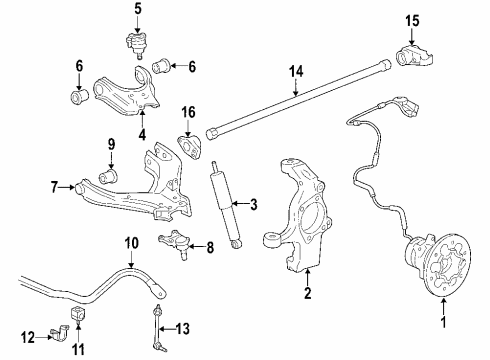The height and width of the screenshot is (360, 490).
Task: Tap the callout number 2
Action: coord(308,295)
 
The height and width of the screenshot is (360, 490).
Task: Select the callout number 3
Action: coord(253,205)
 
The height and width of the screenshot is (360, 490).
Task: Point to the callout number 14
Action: coord(294,71)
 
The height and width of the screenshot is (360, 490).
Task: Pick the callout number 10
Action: coord(131,243)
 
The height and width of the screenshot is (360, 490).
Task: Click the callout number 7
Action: coord(55,186)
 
